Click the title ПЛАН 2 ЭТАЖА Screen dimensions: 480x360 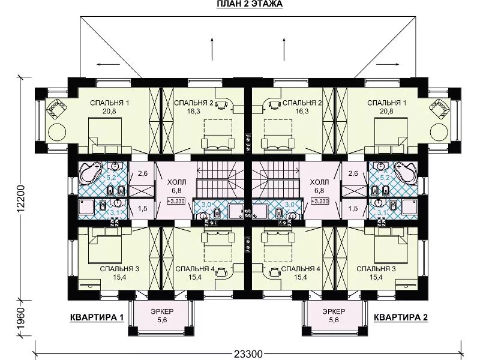[x=250, y=4]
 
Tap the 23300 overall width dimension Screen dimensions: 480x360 [x=248, y=354]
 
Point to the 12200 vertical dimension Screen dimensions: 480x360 [x=20, y=200]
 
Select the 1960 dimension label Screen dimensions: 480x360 [x=20, y=319]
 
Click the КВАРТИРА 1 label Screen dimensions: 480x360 [x=97, y=317]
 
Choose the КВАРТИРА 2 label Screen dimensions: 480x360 [x=400, y=317]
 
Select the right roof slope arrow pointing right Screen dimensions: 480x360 [x=388, y=64]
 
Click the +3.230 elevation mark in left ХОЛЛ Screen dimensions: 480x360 [x=176, y=201]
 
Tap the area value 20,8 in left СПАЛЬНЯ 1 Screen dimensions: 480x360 [x=109, y=111]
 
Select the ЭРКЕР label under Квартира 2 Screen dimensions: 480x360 [x=334, y=311]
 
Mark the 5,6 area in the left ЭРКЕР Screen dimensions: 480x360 [x=162, y=320]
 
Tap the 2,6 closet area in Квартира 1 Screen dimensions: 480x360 [x=142, y=173]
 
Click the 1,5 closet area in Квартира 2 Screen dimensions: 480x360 [x=353, y=209]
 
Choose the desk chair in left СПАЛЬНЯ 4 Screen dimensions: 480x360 [x=221, y=272]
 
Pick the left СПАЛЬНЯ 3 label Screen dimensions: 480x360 [x=119, y=269]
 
